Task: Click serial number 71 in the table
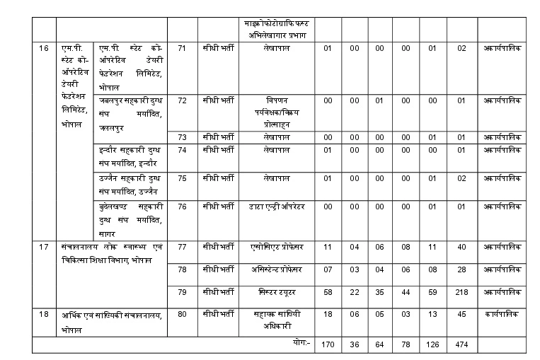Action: click(182, 48)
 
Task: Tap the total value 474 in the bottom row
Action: click(461, 344)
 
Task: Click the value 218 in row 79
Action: click(461, 291)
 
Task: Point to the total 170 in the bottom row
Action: click(327, 344)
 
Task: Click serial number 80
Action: click(182, 315)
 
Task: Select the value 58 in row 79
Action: click(327, 291)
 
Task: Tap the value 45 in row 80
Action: click(461, 315)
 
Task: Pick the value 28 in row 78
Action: click(461, 269)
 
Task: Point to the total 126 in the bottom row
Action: click(432, 344)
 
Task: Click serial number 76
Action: click(182, 207)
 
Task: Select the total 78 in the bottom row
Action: click(406, 344)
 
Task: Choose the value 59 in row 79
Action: click(432, 291)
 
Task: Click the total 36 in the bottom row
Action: click(355, 344)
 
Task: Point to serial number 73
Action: click(182, 137)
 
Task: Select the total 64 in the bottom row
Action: click(380, 344)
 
